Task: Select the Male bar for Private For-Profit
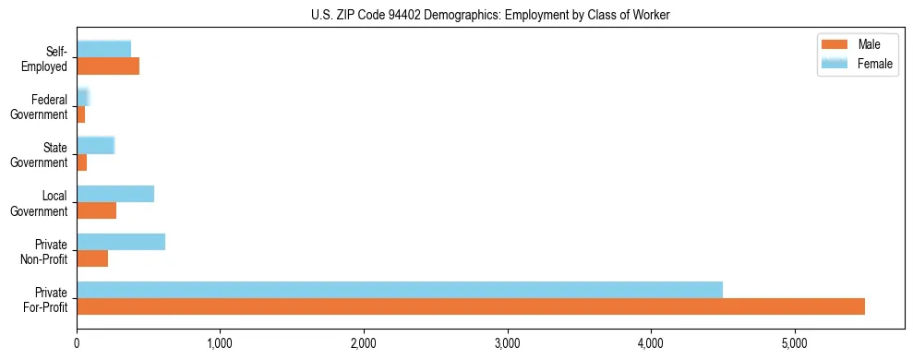pos(471,306)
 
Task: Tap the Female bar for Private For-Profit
pos(400,290)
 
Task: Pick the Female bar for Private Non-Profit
pos(121,242)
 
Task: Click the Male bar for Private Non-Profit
pos(92,258)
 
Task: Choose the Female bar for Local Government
pos(115,194)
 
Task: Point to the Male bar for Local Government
pos(96,210)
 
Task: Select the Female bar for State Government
pos(95,145)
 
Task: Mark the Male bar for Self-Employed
pos(108,66)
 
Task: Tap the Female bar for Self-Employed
pos(103,49)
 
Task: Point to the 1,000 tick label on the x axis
pos(220,344)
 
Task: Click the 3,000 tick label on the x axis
pos(507,344)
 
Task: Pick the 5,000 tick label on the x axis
pos(794,344)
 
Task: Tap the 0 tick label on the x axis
pos(77,344)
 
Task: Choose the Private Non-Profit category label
pos(46,251)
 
